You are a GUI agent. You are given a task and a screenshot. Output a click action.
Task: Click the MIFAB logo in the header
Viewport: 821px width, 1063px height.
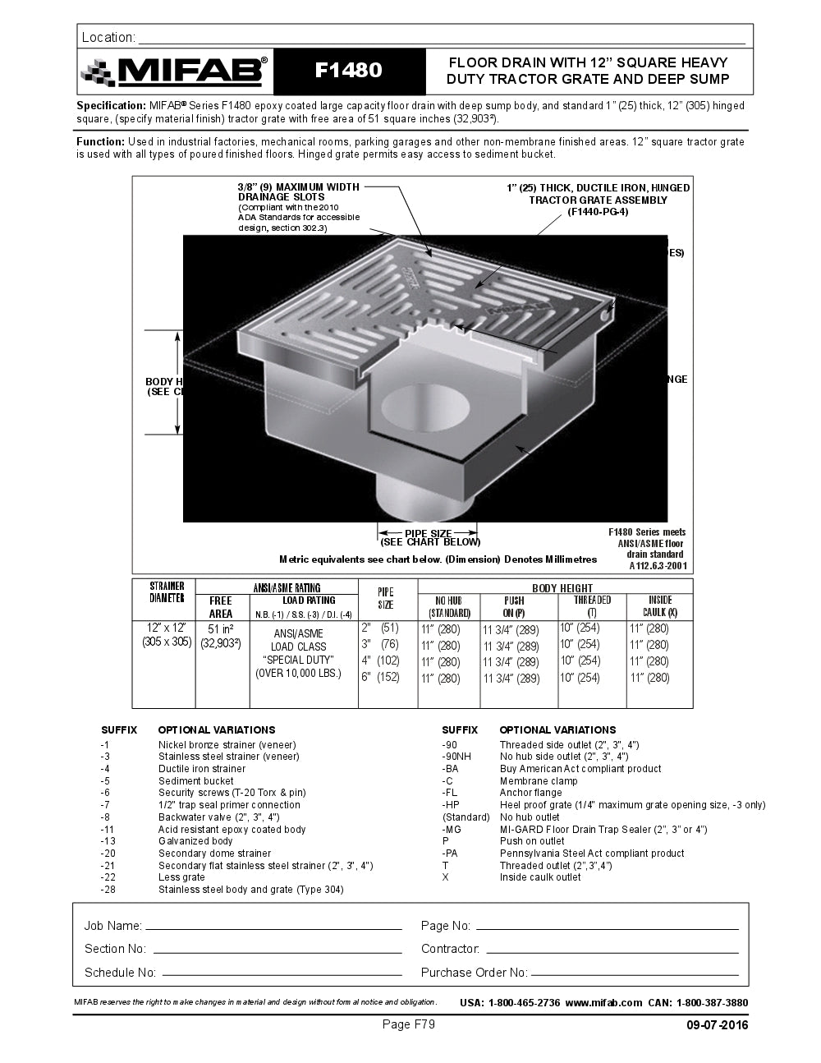pos(174,71)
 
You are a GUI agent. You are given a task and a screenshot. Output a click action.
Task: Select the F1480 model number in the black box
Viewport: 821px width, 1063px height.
pos(349,71)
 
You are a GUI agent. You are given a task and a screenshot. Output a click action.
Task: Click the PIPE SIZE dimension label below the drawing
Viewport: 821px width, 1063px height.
pos(429,537)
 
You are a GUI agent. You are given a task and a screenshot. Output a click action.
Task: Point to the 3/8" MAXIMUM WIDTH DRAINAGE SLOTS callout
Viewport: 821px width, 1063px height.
pos(299,192)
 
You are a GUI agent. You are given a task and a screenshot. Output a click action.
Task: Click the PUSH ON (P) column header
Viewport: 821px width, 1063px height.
pos(514,606)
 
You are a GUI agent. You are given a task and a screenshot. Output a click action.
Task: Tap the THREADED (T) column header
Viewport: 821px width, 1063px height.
pos(591,606)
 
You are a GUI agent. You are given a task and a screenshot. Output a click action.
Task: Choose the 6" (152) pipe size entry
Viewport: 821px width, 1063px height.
pos(380,678)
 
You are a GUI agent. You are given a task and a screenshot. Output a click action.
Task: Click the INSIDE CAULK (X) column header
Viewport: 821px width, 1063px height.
pos(659,606)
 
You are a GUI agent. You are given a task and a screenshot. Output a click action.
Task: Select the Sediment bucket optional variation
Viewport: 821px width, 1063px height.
pos(195,781)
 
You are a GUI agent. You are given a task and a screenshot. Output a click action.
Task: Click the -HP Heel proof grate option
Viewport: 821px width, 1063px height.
pos(632,805)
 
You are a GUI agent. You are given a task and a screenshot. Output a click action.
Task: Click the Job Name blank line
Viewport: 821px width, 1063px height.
pos(273,926)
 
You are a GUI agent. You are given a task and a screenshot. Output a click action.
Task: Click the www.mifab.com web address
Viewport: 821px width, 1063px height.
pos(603,1002)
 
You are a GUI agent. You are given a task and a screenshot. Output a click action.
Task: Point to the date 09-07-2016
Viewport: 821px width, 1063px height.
pos(717,1024)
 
